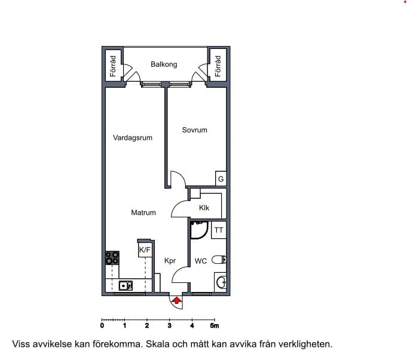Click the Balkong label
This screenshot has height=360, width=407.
tap(164, 64)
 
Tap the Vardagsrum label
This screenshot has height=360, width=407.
tap(133, 138)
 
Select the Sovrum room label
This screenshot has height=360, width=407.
tap(194, 130)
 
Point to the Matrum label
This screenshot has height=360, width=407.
tap(143, 213)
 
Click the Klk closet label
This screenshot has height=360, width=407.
tap(204, 208)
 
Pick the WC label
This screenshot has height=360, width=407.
tap(201, 261)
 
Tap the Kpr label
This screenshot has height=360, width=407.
tap(170, 261)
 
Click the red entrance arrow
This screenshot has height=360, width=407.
tap(177, 301)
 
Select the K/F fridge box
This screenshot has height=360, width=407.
tap(145, 250)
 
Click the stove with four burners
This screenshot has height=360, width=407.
tap(112, 258)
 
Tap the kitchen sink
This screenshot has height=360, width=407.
tap(126, 285)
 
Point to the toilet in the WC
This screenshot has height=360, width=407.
tap(219, 260)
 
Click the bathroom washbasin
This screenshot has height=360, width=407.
tap(221, 282)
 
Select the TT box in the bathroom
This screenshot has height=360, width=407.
tap(219, 230)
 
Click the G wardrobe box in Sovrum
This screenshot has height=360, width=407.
tap(221, 179)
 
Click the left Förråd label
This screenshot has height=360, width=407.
tap(113, 66)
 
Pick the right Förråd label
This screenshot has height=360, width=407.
tap(218, 66)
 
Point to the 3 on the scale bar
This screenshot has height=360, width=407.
tap(170, 325)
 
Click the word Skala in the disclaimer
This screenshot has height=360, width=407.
tap(157, 344)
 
